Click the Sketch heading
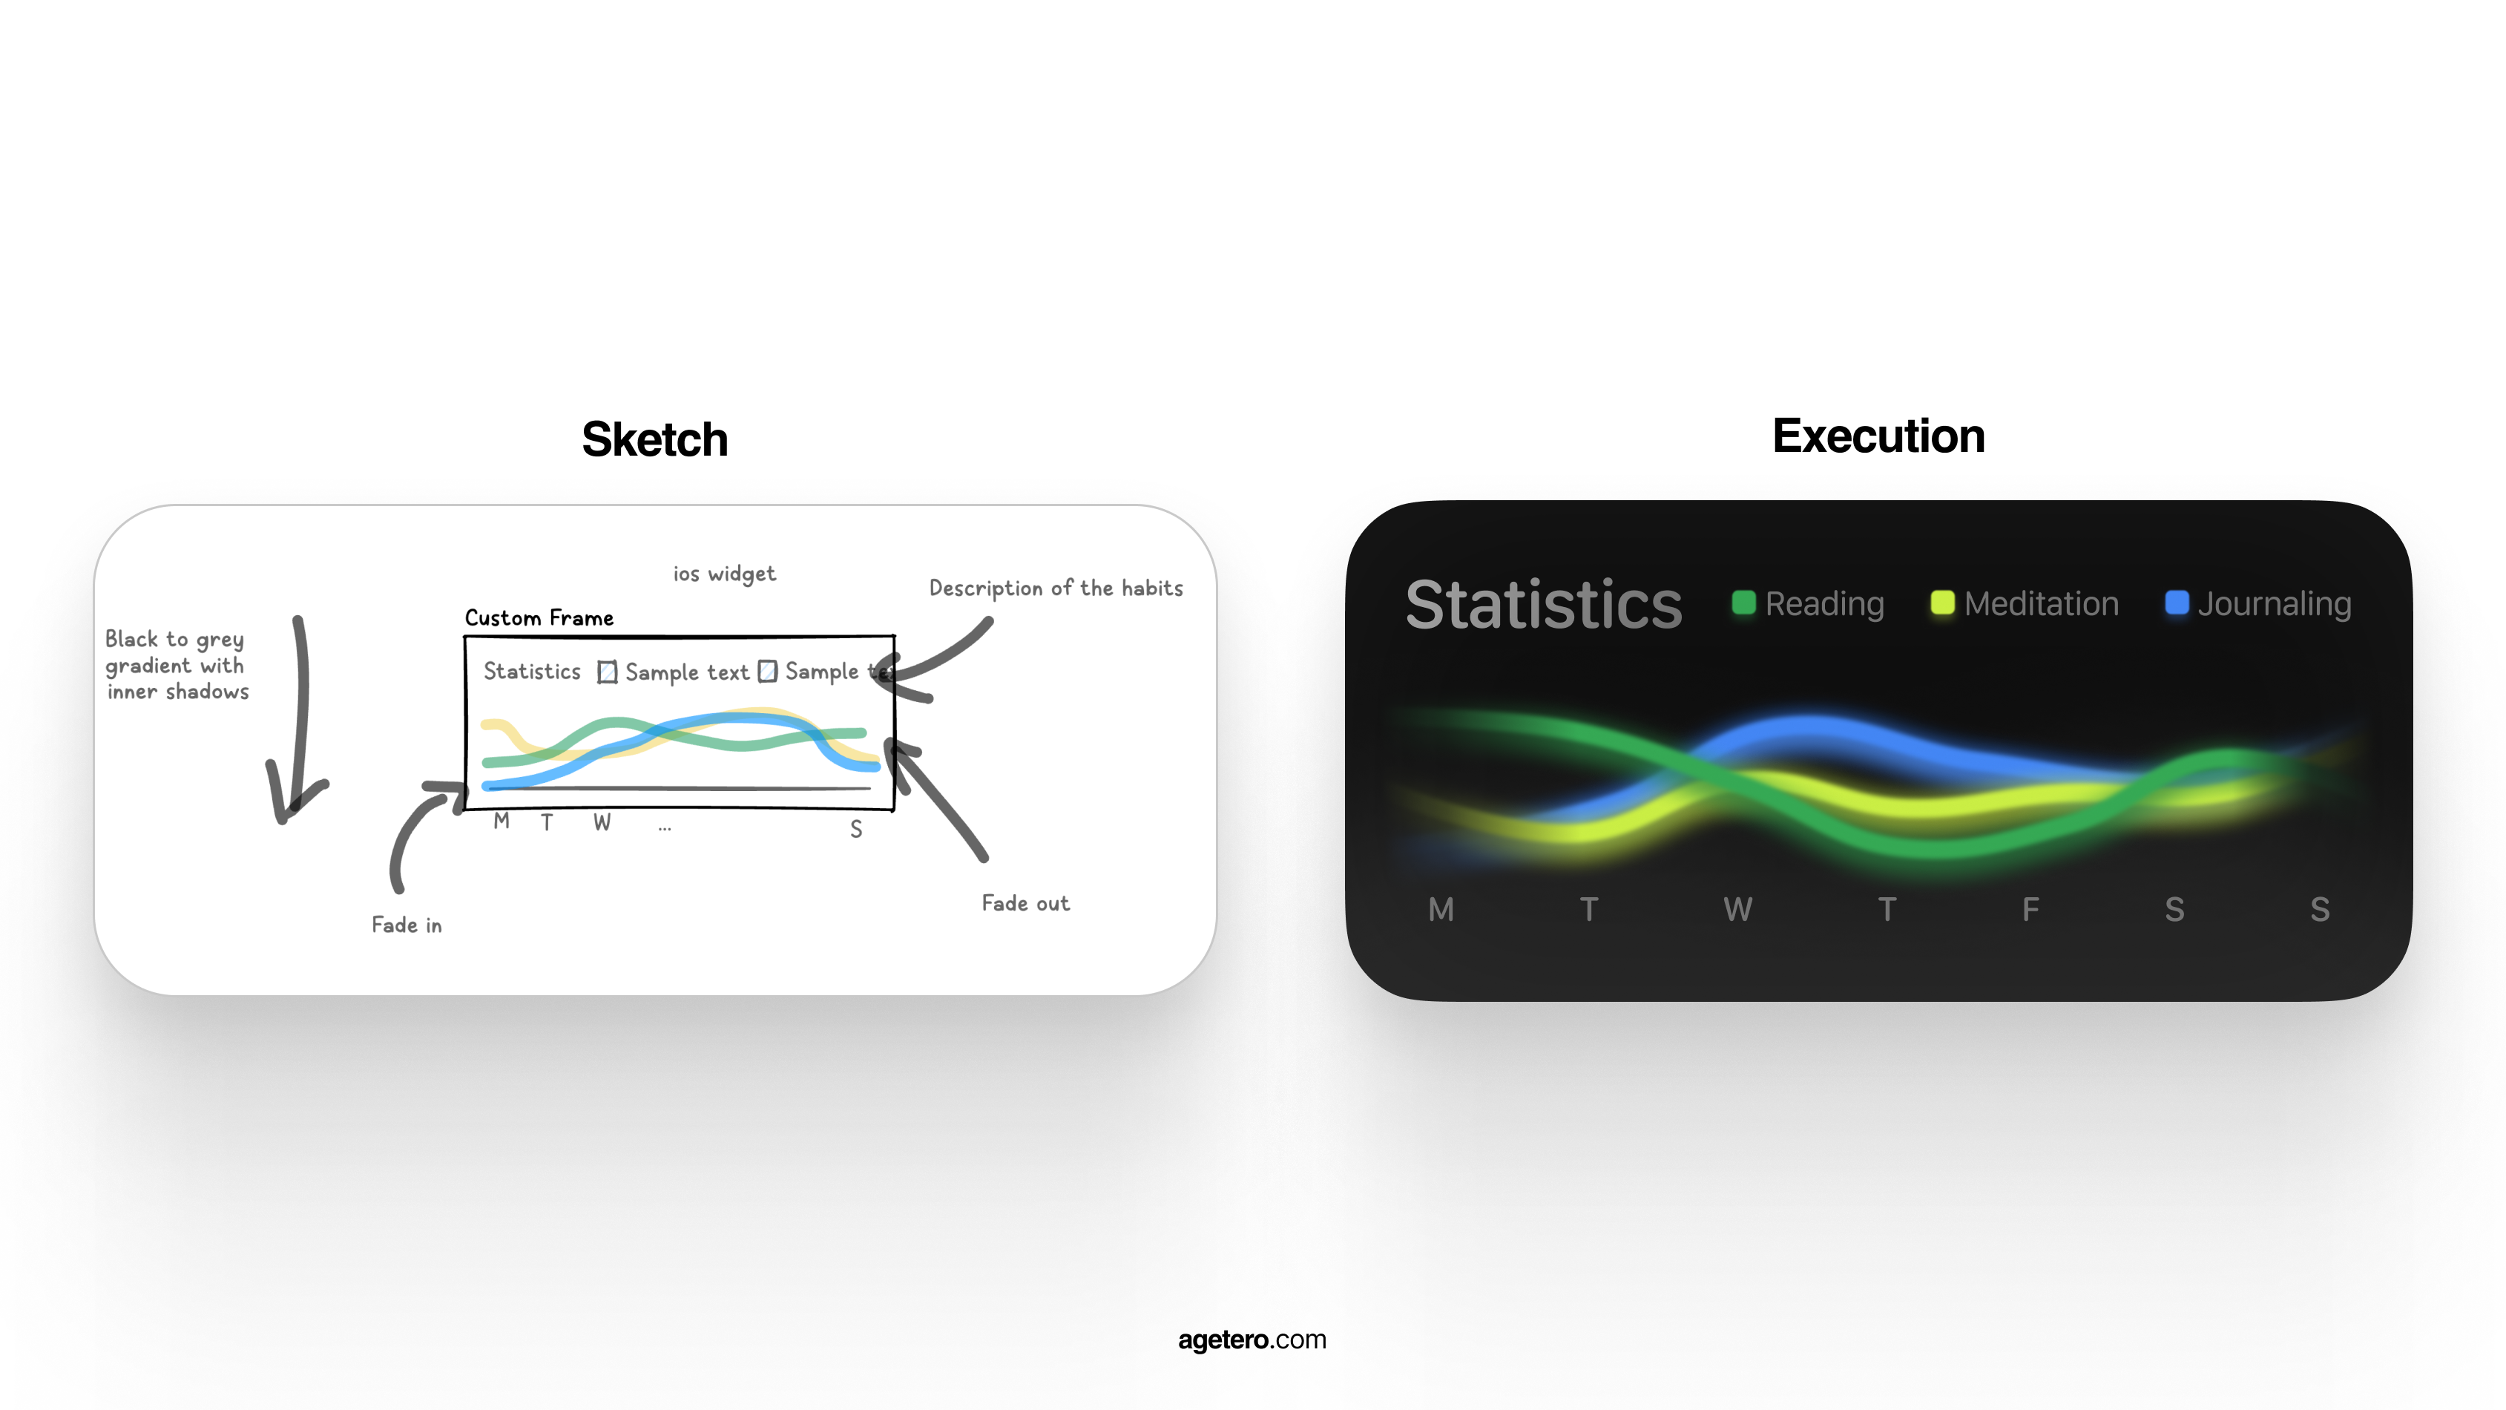click(655, 439)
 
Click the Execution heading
click(1878, 436)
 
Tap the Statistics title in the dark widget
click(1544, 604)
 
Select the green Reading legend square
click(1744, 603)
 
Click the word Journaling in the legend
click(2275, 604)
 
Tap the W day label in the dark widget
click(1737, 910)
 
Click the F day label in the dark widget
click(2030, 910)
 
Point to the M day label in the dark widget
click(1441, 910)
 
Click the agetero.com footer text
click(1252, 1340)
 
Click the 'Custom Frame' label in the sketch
click(539, 618)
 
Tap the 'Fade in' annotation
click(407, 925)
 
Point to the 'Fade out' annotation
click(1025, 903)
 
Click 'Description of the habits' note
click(1056, 588)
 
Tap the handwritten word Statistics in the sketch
click(532, 672)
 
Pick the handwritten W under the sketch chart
click(602, 822)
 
